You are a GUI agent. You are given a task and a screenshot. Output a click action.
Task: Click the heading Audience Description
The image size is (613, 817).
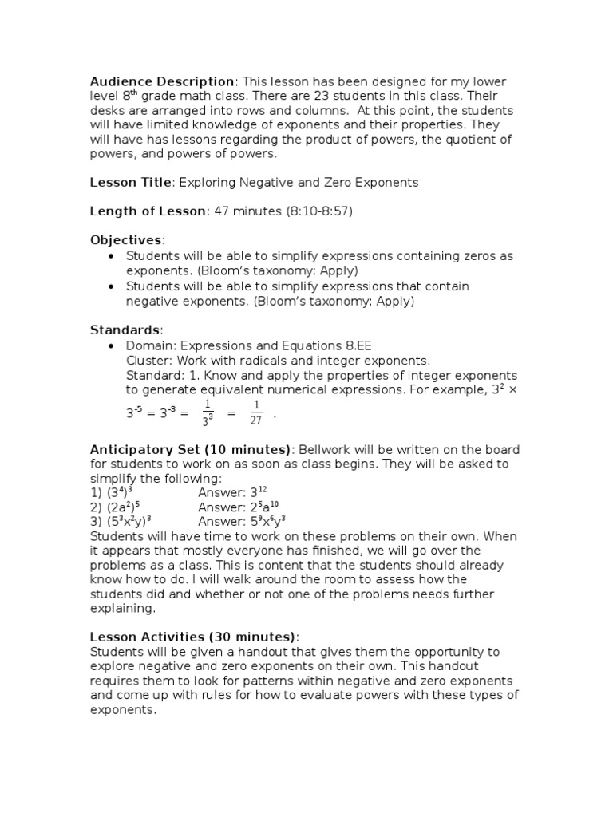(x=162, y=81)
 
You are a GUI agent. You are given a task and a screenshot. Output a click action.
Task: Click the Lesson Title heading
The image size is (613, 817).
(x=130, y=182)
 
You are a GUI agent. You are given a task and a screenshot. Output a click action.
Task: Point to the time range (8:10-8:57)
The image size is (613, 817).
(x=310, y=211)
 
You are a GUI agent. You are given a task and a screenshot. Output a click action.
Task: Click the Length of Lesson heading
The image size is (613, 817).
(x=148, y=211)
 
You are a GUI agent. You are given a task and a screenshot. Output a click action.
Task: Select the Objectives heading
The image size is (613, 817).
(x=125, y=240)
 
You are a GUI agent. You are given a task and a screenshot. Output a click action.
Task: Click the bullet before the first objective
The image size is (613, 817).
(x=111, y=255)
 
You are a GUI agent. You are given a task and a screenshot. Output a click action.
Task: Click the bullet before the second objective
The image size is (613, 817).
(x=111, y=286)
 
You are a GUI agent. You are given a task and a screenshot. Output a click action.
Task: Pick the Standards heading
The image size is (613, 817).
(x=125, y=330)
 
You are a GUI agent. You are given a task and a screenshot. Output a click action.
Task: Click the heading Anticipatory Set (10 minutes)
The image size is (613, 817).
(x=192, y=449)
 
